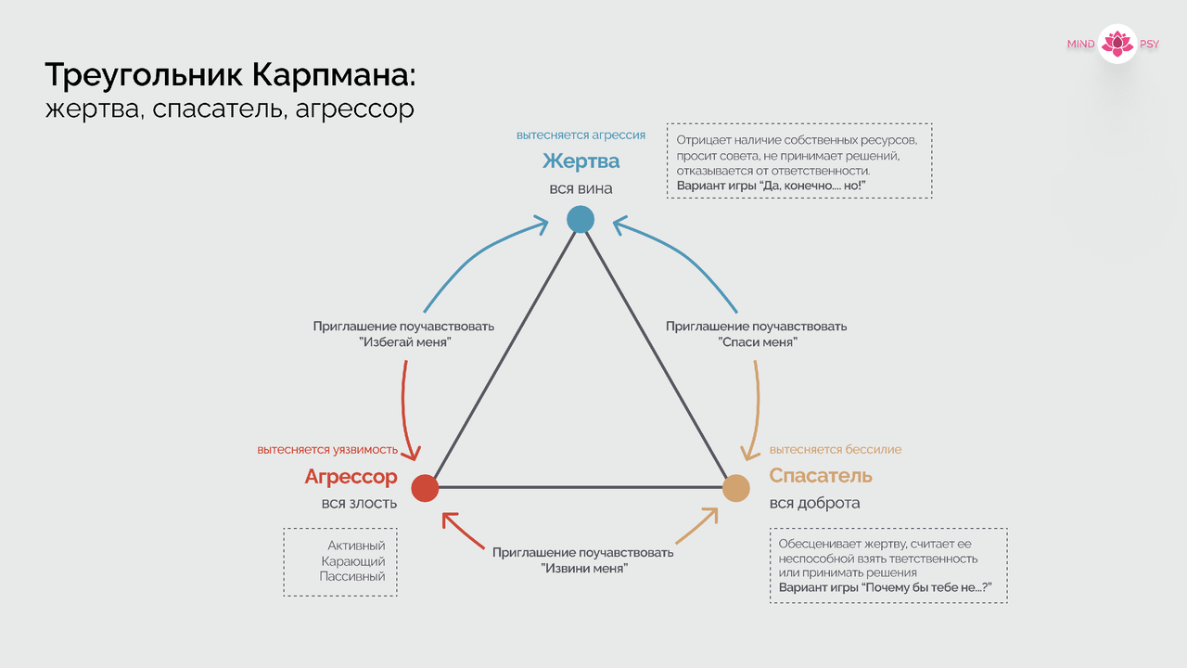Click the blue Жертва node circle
point(581,219)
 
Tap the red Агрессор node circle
point(424,488)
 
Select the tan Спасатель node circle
point(735,488)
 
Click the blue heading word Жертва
point(581,161)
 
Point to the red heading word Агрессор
point(351,477)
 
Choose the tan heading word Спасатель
point(821,476)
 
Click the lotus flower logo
point(1117,44)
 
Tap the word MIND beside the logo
point(1081,45)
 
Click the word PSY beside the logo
point(1149,45)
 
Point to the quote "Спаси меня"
point(758,342)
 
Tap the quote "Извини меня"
point(584,568)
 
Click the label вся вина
point(581,188)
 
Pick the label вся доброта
point(814,503)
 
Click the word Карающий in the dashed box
point(353,561)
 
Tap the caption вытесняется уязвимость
point(327,450)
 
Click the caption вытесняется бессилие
point(836,450)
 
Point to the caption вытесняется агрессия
point(581,135)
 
